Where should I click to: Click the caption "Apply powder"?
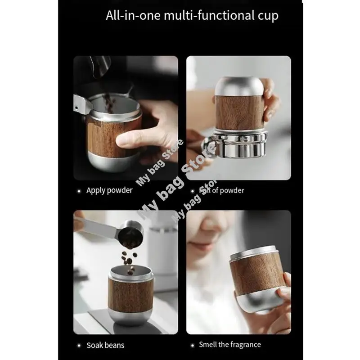click(x=109, y=190)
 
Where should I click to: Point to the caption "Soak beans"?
click(x=105, y=346)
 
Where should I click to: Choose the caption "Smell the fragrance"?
click(x=229, y=345)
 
